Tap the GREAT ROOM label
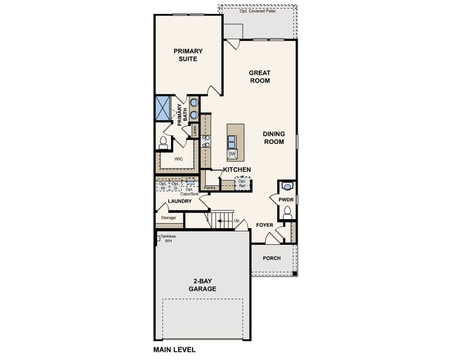pyautogui.click(x=259, y=76)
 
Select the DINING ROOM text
pyautogui.click(x=273, y=137)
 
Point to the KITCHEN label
pyautogui.click(x=236, y=170)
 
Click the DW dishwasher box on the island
pyautogui.click(x=232, y=154)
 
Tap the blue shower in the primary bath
pyautogui.click(x=164, y=108)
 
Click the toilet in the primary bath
pyautogui.click(x=163, y=143)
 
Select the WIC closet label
pyautogui.click(x=179, y=159)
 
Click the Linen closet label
pyautogui.click(x=194, y=130)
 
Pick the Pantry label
pyautogui.click(x=210, y=188)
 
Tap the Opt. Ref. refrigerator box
pyautogui.click(x=242, y=183)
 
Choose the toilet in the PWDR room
pyautogui.click(x=287, y=211)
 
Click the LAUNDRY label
pyautogui.click(x=179, y=201)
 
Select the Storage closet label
pyautogui.click(x=169, y=217)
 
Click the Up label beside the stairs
pyautogui.click(x=236, y=221)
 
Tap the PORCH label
pyautogui.click(x=272, y=258)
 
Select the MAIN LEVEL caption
pyautogui.click(x=175, y=349)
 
